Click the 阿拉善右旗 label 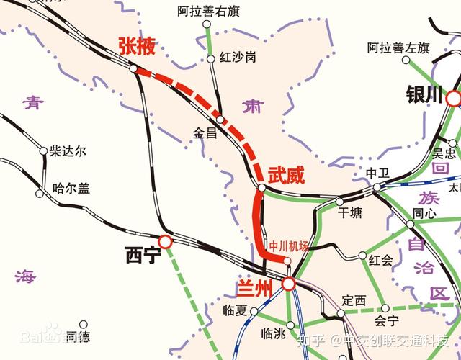coord(208,12)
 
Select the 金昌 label coord(205,132)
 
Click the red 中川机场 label coord(288,246)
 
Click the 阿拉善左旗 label coord(398,48)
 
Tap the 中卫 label coord(377,173)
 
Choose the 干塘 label coord(350,212)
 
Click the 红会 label coord(380,258)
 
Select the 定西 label coord(354,300)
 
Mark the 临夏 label coord(235,310)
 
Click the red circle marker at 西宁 coord(165,242)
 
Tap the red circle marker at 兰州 coord(288,284)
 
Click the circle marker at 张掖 coord(134,68)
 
